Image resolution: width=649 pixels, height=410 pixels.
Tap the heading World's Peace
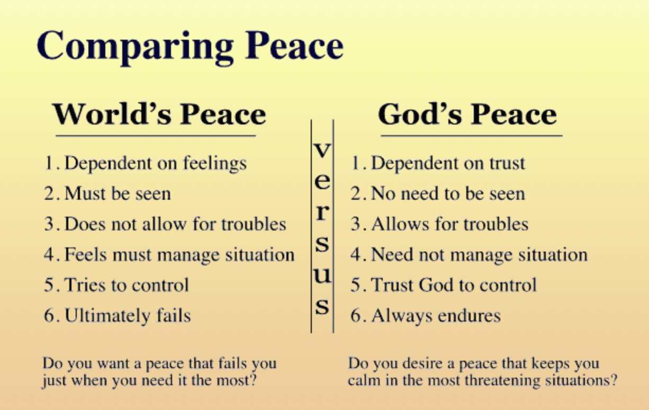tap(159, 114)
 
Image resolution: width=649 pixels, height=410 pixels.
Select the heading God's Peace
tap(467, 114)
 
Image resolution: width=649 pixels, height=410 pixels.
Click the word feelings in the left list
tap(215, 164)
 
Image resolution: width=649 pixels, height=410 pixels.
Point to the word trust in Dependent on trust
tap(507, 163)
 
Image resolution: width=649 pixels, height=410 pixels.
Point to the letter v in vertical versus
tap(322, 150)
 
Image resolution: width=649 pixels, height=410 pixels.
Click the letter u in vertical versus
tap(322, 275)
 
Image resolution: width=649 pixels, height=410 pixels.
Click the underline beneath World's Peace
tap(156, 136)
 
